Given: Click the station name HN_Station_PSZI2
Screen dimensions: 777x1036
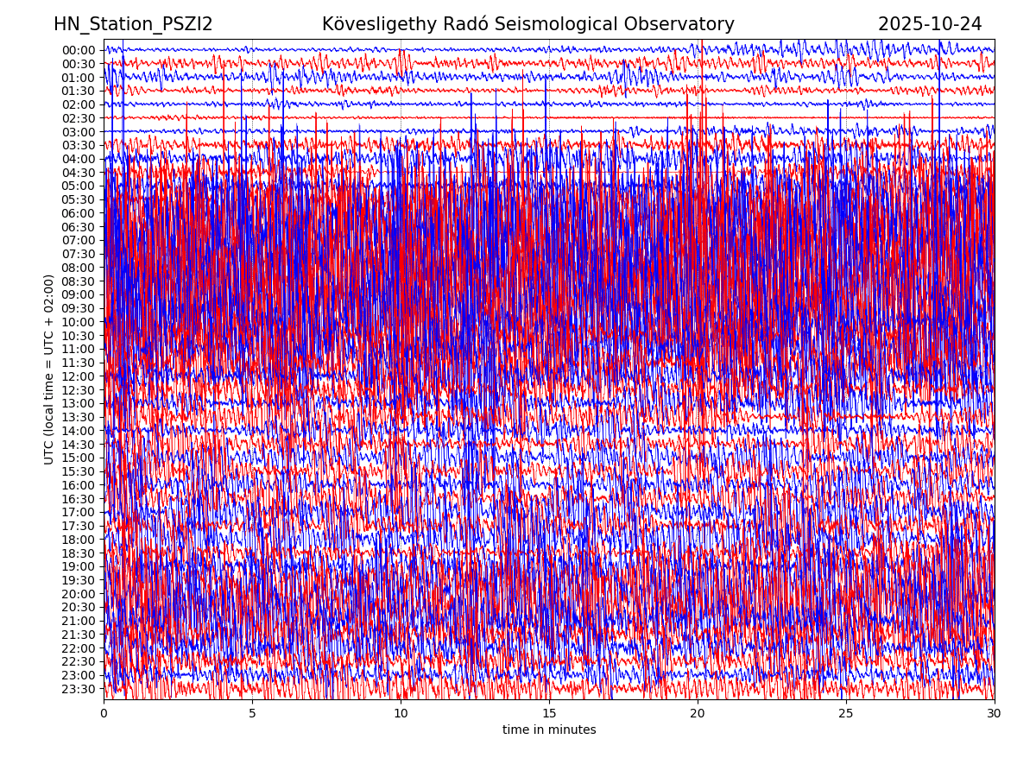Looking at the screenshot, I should [133, 25].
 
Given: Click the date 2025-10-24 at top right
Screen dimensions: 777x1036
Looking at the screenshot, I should [930, 25].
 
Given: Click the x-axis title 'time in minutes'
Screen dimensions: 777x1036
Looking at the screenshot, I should [549, 730].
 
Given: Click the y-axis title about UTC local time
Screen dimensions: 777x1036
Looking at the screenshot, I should [49, 370].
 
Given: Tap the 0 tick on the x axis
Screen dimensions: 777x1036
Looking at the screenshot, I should [104, 714].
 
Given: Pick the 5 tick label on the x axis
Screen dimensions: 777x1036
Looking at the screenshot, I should [252, 714].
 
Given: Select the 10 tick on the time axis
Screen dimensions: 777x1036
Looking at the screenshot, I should [401, 714].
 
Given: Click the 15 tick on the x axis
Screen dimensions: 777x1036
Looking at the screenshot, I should [549, 714].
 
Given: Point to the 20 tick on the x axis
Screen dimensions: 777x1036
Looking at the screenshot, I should [698, 714].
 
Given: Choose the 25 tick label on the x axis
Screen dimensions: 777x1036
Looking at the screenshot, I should [846, 714].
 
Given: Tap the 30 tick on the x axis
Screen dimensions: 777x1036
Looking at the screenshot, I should [995, 714].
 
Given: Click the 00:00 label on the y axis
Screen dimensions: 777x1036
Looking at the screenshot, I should [78, 50].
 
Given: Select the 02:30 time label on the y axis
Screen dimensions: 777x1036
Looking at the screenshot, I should [78, 118].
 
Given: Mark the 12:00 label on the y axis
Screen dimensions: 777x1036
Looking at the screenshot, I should [78, 376].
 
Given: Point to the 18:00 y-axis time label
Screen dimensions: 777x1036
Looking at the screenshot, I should [78, 540].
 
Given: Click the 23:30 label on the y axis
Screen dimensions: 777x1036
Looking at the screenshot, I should [78, 689].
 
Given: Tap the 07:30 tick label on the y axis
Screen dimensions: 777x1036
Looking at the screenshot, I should [78, 254].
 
